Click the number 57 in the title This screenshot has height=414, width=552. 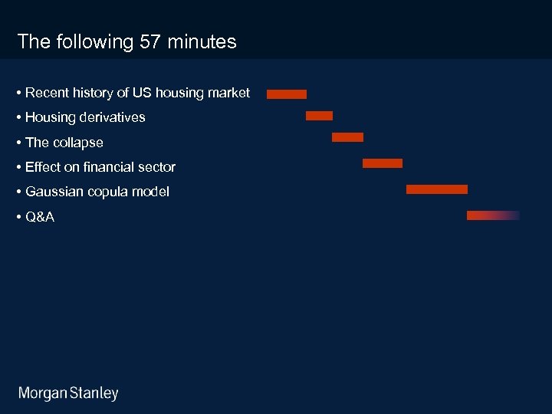click(152, 42)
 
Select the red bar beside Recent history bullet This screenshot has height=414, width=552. click(287, 94)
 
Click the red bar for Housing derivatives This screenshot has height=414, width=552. click(319, 116)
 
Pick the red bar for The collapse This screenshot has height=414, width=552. click(347, 137)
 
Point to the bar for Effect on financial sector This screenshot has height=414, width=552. click(382, 163)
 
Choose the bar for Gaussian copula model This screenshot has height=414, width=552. click(436, 189)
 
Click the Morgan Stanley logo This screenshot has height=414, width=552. click(68, 394)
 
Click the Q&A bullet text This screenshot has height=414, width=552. click(40, 217)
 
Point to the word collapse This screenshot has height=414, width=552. click(77, 143)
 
